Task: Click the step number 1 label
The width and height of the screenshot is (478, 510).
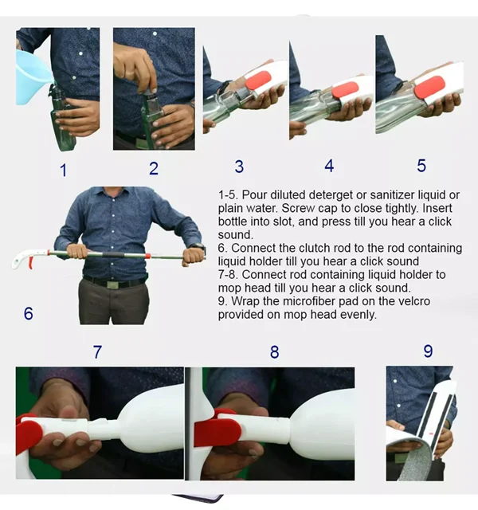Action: coord(64,171)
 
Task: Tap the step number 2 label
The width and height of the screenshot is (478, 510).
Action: coord(154,168)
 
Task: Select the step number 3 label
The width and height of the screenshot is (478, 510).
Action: coord(239,167)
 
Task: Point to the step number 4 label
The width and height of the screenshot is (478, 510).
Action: coord(329,166)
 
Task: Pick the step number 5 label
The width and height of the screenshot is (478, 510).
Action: coord(421,166)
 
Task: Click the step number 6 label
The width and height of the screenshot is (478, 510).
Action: coord(29,313)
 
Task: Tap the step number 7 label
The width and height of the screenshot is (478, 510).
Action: coord(97,352)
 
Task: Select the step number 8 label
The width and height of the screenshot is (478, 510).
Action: coord(274,352)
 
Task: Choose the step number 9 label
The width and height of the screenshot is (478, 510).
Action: coord(428,351)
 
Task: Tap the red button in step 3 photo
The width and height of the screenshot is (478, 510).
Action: coord(258,80)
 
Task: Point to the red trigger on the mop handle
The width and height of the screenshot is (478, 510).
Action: coord(30,262)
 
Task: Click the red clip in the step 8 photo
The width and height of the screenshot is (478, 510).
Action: coord(217,429)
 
